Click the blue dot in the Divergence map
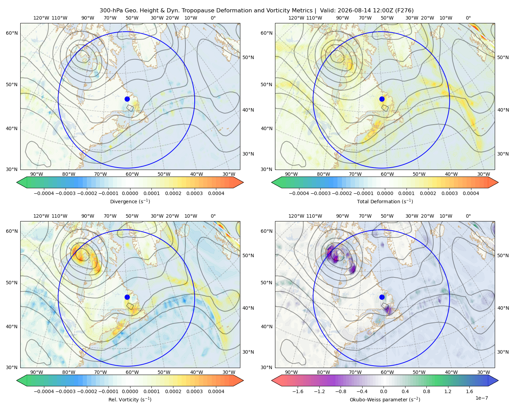127,99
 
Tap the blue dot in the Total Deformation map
382,99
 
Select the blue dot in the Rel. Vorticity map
127,297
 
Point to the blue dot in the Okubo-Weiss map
382,297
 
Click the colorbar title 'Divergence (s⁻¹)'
130,202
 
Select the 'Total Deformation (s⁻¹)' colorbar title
385,202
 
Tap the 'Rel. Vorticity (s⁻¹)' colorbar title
130,400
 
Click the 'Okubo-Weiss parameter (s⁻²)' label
385,400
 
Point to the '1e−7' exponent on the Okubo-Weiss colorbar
481,398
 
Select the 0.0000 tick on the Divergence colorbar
130,193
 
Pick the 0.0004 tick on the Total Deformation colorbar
471,193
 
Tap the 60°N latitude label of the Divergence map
12,33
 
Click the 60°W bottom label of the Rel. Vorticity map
132,372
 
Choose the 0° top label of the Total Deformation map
468,18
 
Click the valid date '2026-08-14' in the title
353,11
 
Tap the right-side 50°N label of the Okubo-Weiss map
503,255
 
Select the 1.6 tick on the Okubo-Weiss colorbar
470,391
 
